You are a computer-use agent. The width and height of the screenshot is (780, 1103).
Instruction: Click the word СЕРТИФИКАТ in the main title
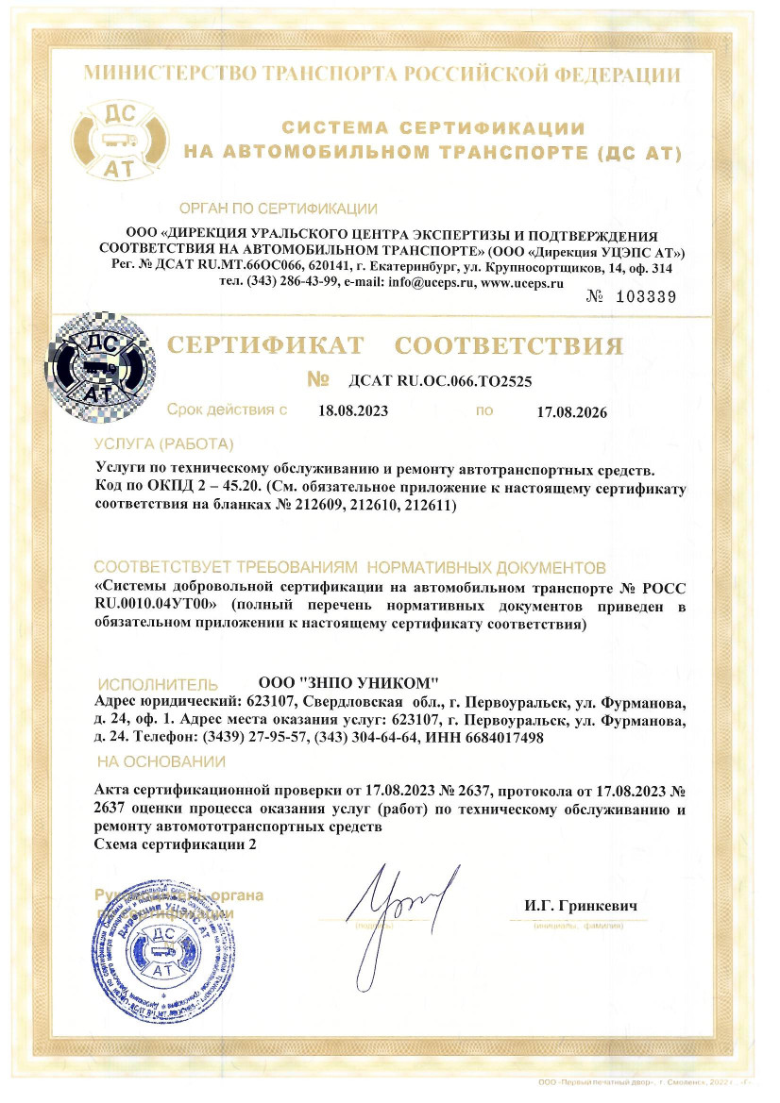(266, 345)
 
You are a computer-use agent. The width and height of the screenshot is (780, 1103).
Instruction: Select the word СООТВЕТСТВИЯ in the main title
(509, 345)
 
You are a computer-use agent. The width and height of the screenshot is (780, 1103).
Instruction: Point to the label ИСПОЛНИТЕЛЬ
(159, 684)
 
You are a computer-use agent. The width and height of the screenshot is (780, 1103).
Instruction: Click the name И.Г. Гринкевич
(582, 906)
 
